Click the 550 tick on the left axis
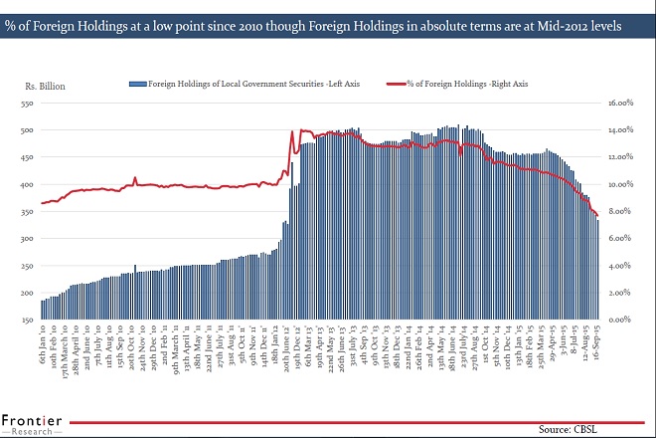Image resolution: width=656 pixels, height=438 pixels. pyautogui.click(x=27, y=103)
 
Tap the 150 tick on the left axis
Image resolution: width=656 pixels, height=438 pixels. pyautogui.click(x=27, y=320)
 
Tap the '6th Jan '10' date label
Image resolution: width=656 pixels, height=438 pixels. pyautogui.click(x=43, y=343)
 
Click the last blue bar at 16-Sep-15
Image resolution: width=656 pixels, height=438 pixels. pyautogui.click(x=597, y=269)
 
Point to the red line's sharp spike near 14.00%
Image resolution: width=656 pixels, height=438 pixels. pyautogui.click(x=291, y=131)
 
